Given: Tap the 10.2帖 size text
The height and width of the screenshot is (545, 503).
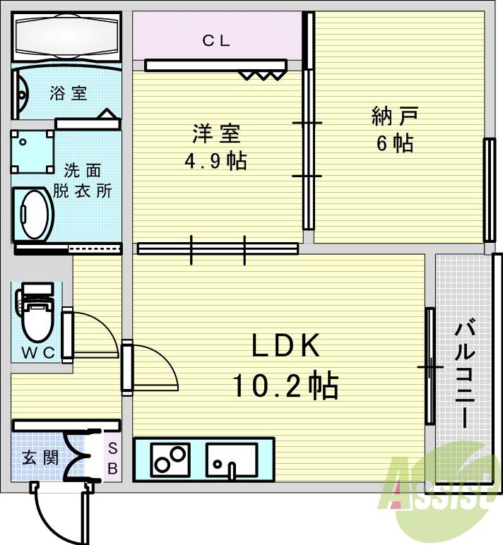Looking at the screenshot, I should pyautogui.click(x=285, y=385).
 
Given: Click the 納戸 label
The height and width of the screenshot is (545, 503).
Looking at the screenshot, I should pyautogui.click(x=395, y=115).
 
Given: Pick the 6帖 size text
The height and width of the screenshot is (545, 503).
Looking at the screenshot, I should pyautogui.click(x=394, y=143).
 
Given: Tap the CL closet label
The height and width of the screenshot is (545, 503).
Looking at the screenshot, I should pyautogui.click(x=216, y=41).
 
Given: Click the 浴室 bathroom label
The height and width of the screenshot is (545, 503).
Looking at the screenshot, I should pyautogui.click(x=69, y=93).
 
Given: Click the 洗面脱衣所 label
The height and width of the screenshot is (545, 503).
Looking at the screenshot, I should pyautogui.click(x=83, y=181).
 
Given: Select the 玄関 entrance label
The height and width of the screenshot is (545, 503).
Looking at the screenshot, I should pyautogui.click(x=39, y=457).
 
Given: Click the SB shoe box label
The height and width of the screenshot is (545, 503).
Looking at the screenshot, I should pyautogui.click(x=112, y=457).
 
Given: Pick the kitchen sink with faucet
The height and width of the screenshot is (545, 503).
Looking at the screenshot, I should pyautogui.click(x=231, y=460).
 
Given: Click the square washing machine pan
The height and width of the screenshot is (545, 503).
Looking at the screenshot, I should pyautogui.click(x=32, y=151).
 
